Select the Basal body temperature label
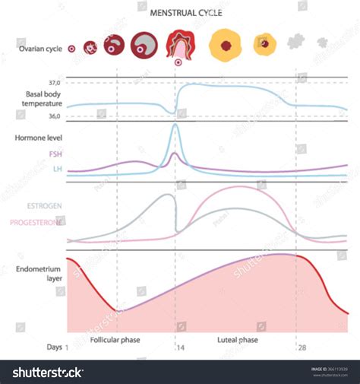tap(38, 100)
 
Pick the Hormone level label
tap(38, 138)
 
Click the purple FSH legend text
tap(55, 154)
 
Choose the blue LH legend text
tap(57, 169)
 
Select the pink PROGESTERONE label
tap(36, 222)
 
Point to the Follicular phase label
tap(114, 340)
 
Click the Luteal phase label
tap(237, 340)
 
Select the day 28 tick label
tap(302, 347)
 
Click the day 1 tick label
tap(67, 347)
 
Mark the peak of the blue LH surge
tap(175, 126)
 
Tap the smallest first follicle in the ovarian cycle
tap(72, 47)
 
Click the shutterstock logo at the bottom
tap(48, 372)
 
